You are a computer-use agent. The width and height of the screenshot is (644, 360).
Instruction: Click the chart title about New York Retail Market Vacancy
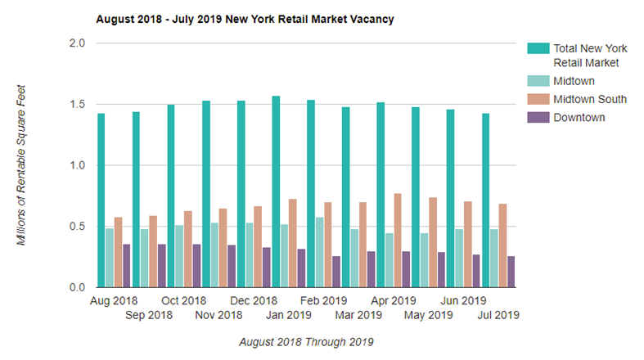[245, 18]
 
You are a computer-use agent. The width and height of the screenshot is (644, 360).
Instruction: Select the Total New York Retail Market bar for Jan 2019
[276, 191]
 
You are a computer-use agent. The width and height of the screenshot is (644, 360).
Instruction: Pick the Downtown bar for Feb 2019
[336, 272]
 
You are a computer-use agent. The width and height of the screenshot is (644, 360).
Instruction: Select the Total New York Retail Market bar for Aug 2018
[101, 200]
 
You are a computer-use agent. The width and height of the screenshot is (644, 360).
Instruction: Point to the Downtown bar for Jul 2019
[511, 272]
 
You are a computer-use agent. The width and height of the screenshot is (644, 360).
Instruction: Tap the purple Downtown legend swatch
[538, 118]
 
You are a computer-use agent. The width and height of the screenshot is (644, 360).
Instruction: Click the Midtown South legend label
[590, 99]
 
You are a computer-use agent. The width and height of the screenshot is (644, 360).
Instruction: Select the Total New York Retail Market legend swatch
[538, 48]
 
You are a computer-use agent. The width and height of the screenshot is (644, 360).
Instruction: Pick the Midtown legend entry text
[574, 81]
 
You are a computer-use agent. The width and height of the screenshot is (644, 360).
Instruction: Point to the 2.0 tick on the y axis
[76, 43]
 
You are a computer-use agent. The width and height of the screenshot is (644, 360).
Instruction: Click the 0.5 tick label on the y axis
[76, 227]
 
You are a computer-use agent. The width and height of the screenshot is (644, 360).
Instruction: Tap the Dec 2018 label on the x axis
[254, 300]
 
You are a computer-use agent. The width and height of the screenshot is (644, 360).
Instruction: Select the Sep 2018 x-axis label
[150, 314]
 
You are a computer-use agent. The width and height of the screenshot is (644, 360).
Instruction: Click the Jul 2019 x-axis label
[498, 314]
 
